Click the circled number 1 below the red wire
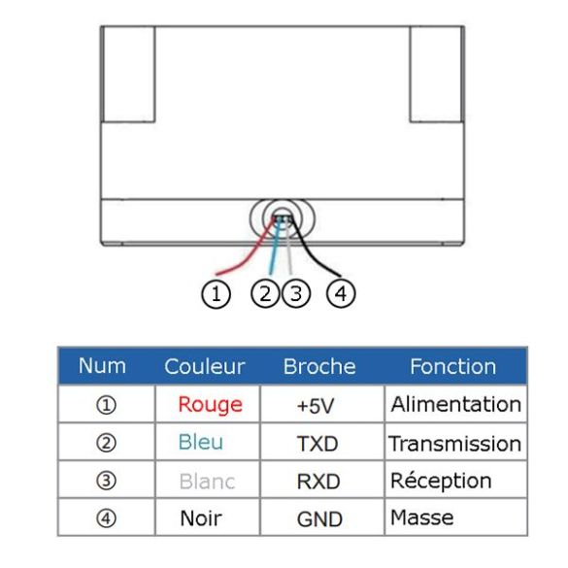pos(216,294)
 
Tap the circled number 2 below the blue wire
pos(265,294)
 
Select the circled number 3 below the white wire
pos(296,294)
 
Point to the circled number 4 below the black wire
pos(341,294)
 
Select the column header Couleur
pos(205,367)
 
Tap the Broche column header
pos(319,367)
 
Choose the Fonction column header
pos(452,367)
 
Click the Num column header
pos(102,366)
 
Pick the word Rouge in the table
pos(210,405)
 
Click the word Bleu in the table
pos(201,443)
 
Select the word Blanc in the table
pos(207,482)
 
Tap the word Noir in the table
pos(201,518)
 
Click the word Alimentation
pos(456,404)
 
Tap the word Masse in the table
pos(422,518)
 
